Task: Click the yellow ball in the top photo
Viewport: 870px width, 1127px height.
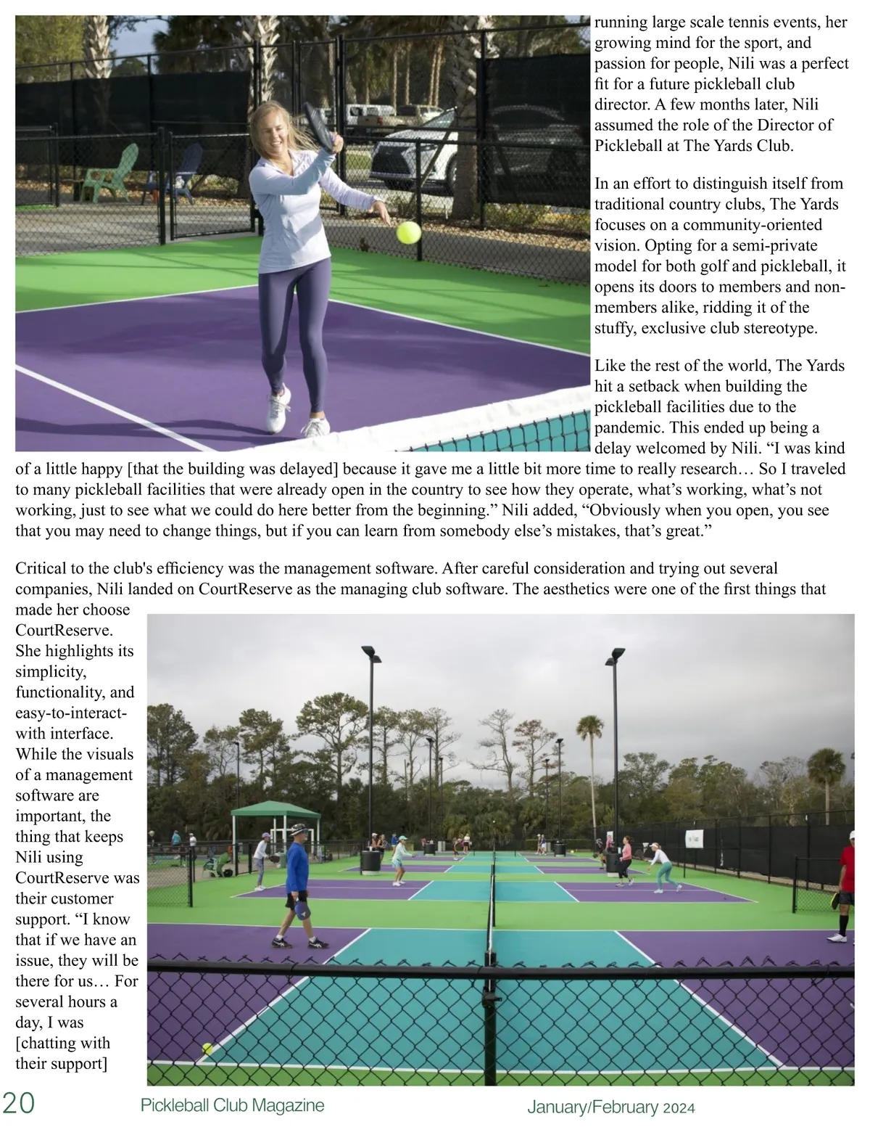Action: point(408,232)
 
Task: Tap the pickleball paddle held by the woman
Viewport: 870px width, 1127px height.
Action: point(320,125)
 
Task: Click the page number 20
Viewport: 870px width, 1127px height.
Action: point(18,1103)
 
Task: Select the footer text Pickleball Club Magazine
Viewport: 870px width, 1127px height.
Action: point(232,1105)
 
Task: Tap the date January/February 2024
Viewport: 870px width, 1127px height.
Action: point(610,1107)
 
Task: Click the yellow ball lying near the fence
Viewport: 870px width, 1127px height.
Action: point(207,1048)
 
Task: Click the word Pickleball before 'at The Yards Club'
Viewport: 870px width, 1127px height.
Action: point(629,145)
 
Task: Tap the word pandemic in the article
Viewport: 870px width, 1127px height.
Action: point(629,427)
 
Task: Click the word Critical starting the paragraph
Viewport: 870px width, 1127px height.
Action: point(41,568)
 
